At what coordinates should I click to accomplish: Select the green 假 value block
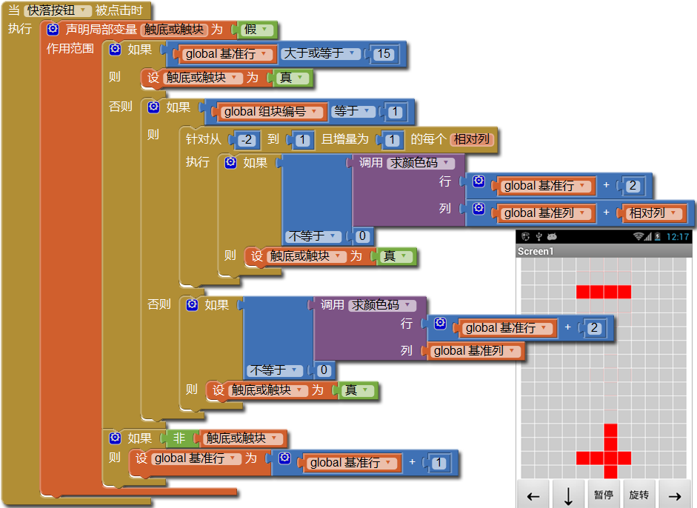pyautogui.click(x=257, y=30)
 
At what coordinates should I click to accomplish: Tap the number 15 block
pyautogui.click(x=383, y=53)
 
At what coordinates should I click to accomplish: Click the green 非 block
pyautogui.click(x=180, y=438)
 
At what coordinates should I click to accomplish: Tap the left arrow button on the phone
pyautogui.click(x=533, y=495)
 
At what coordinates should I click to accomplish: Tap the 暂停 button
pyautogui.click(x=604, y=495)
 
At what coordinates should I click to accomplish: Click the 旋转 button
pyautogui.click(x=639, y=495)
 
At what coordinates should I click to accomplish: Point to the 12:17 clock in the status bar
pyautogui.click(x=678, y=237)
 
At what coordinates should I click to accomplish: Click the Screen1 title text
pyautogui.click(x=536, y=251)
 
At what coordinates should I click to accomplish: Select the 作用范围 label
pyautogui.click(x=70, y=49)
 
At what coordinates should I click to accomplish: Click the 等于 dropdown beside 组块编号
pyautogui.click(x=351, y=112)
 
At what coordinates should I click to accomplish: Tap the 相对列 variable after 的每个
pyautogui.click(x=471, y=139)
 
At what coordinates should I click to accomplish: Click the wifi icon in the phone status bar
pyautogui.click(x=638, y=237)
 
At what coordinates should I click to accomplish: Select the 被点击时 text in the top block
pyautogui.click(x=123, y=10)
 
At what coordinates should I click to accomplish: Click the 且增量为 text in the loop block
pyautogui.click(x=344, y=139)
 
